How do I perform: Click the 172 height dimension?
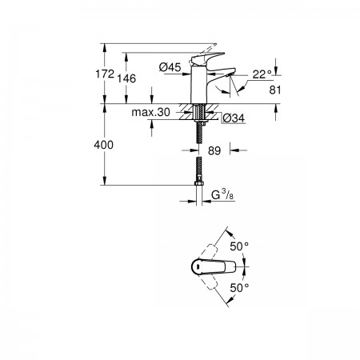click(x=105, y=74)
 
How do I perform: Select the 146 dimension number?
click(x=126, y=78)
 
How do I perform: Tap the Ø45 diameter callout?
click(x=170, y=67)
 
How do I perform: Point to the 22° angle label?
click(x=262, y=74)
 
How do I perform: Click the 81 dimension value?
click(x=275, y=90)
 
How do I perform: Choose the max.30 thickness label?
click(x=150, y=112)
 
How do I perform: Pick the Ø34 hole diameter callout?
click(x=234, y=118)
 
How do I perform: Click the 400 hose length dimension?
click(x=103, y=145)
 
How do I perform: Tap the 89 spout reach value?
click(x=214, y=151)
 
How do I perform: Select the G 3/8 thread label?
click(x=222, y=195)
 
